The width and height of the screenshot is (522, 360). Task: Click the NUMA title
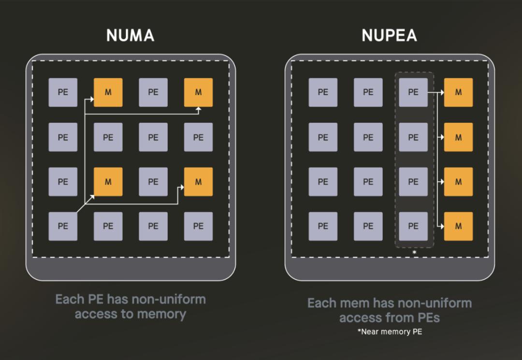[x=130, y=36]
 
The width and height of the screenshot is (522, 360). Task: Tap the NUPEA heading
[x=389, y=36]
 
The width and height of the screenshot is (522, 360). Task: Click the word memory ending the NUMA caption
[x=161, y=314]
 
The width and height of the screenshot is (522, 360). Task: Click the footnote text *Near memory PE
[x=390, y=331]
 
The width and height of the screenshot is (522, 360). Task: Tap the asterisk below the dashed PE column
[x=415, y=253]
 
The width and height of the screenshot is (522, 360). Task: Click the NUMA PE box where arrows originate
[x=63, y=226]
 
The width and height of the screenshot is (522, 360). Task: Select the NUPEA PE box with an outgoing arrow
[x=413, y=92]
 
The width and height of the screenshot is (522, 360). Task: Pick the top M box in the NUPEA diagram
[x=458, y=92]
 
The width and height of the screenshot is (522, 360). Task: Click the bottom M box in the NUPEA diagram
[x=458, y=226]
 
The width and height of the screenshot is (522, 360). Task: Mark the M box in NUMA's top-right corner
[x=199, y=92]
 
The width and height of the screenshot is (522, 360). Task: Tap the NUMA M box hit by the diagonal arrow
[x=108, y=182]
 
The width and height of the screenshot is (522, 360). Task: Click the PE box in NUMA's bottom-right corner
[x=199, y=226]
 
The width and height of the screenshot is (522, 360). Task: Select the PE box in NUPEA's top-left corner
[x=323, y=92]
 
